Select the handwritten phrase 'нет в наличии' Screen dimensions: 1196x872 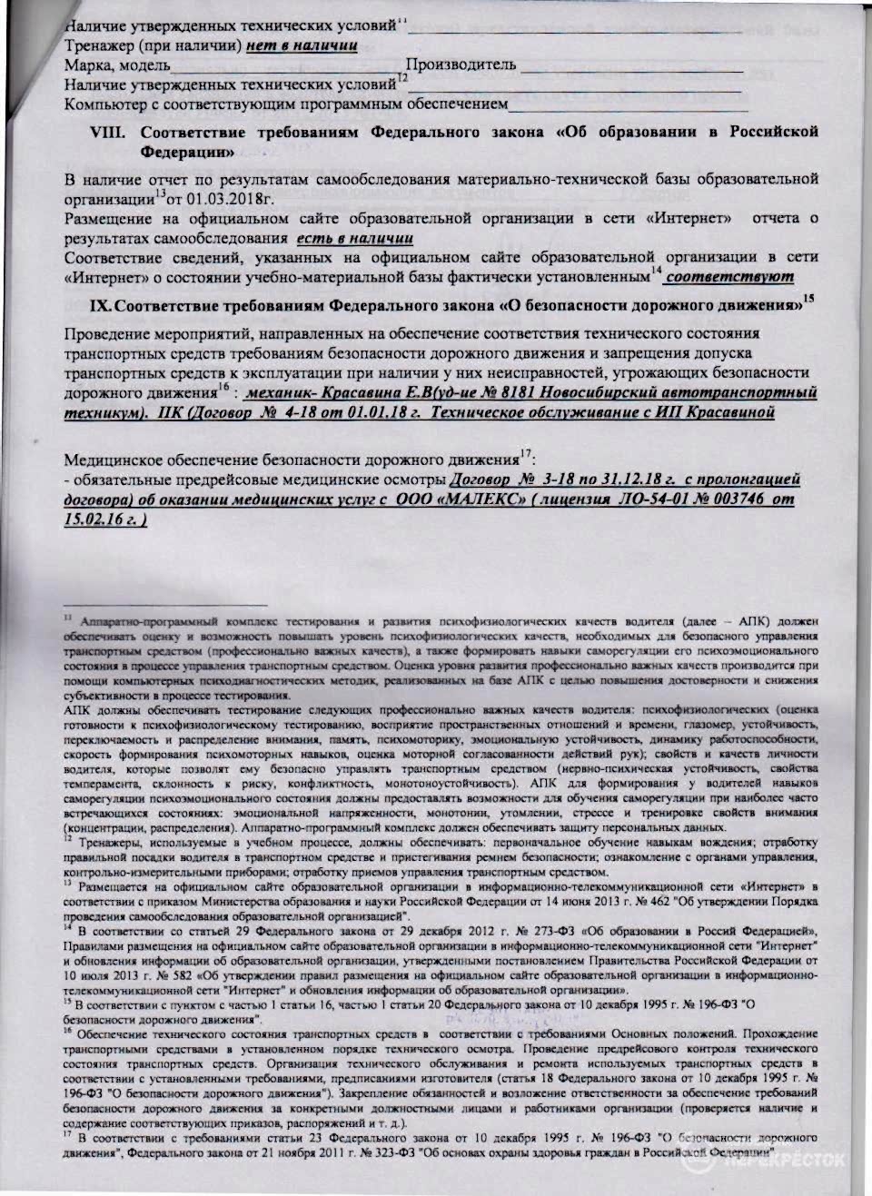click(x=300, y=44)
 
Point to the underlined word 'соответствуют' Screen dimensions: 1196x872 click(x=730, y=276)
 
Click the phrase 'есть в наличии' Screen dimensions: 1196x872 click(x=355, y=237)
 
